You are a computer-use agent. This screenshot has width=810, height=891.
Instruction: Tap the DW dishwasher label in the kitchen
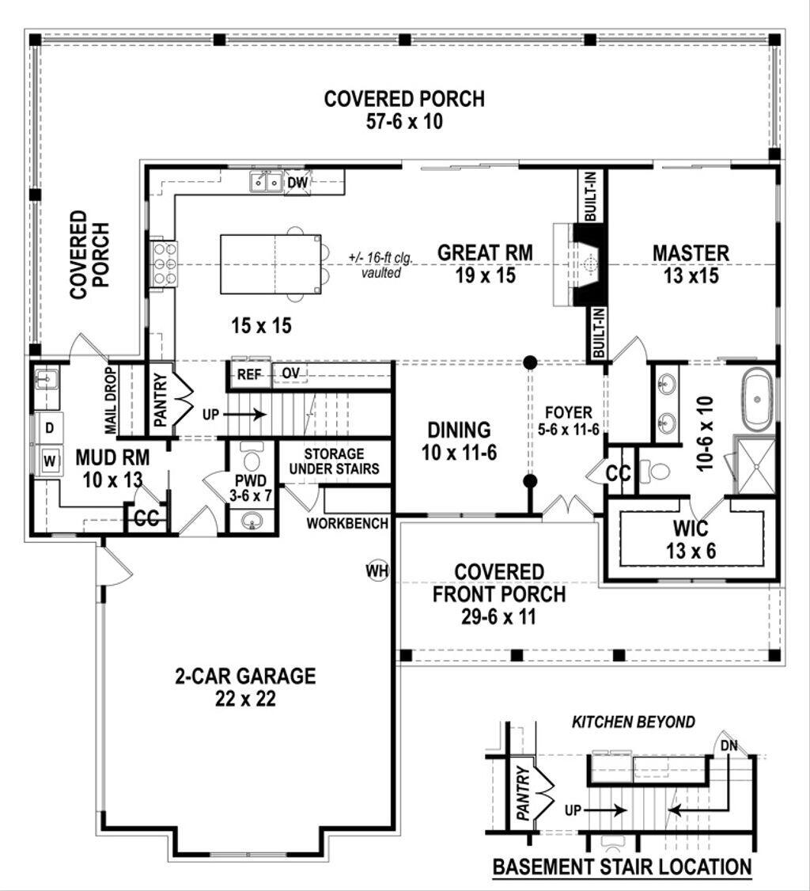click(297, 184)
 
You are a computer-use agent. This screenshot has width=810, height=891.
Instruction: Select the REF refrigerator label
click(249, 374)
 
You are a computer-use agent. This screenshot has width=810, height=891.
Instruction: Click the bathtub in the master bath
click(758, 403)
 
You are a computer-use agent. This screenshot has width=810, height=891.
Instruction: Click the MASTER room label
click(691, 253)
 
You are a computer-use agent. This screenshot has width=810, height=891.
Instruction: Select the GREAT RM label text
click(485, 253)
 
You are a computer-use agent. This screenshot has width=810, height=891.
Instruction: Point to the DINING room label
click(459, 430)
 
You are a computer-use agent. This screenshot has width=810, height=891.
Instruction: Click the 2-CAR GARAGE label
click(245, 677)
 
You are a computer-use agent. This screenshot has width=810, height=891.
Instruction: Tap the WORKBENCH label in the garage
click(347, 523)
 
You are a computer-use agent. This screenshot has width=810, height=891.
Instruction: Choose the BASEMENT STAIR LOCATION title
click(622, 866)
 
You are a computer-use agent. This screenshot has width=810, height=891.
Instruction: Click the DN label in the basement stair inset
click(729, 745)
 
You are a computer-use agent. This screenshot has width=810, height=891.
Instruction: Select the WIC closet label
click(691, 529)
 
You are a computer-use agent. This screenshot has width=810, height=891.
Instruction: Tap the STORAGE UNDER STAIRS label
click(333, 461)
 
